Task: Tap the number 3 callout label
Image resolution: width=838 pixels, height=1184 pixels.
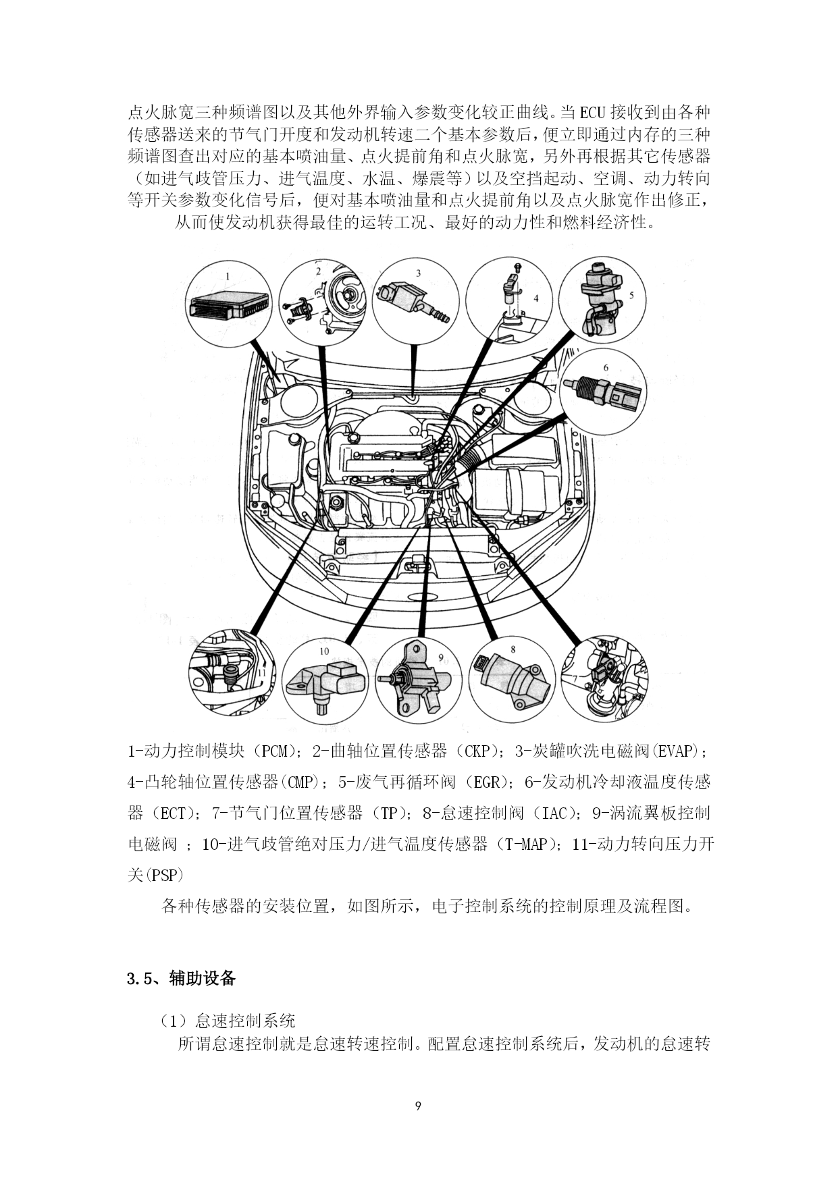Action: coord(418,273)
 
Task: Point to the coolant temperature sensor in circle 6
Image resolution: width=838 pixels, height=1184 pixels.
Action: coord(602,391)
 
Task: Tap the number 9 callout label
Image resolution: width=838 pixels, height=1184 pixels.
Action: coord(440,657)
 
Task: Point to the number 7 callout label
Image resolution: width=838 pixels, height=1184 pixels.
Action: coord(575,678)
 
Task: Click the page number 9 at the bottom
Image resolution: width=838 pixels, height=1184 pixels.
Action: coord(419,1106)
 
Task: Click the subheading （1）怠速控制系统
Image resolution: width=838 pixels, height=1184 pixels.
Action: coord(228,1020)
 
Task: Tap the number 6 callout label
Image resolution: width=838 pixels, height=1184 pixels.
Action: coord(606,368)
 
